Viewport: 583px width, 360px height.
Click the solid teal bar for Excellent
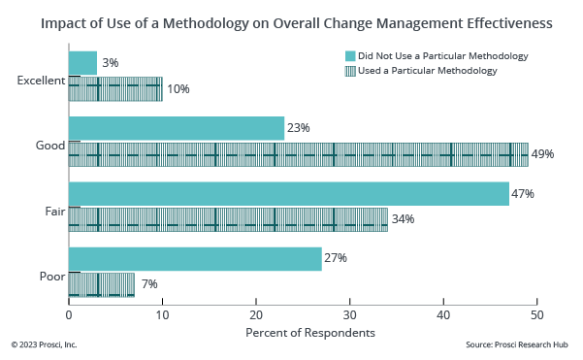coord(82,63)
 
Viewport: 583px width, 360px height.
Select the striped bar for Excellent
coord(115,89)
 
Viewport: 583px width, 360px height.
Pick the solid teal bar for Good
coord(177,128)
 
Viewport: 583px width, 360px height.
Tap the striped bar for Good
coord(299,154)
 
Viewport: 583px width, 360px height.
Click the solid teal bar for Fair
coord(289,194)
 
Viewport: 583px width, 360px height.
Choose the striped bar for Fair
coord(228,219)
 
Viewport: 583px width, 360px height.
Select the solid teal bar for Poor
coord(195,259)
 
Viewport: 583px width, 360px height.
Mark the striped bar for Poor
coord(102,284)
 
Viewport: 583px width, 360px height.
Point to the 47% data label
coord(523,194)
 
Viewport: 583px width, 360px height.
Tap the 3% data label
coord(110,63)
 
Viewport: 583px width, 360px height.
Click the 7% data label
coord(148,284)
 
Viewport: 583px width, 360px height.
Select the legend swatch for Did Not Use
coord(350,56)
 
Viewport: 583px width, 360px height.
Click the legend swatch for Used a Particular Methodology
coord(350,71)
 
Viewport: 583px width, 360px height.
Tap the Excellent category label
coord(41,82)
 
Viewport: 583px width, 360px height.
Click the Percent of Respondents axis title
coord(302,334)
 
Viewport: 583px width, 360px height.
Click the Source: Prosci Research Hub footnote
coord(517,345)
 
